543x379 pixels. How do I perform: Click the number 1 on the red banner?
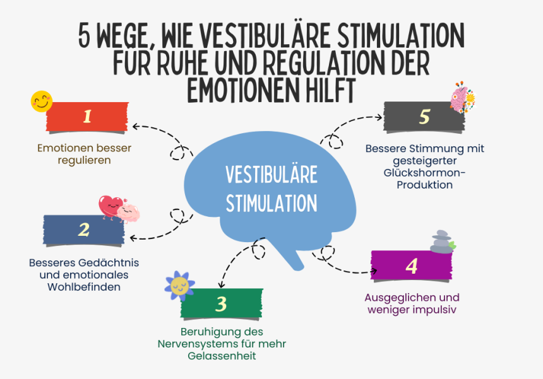tap(87, 116)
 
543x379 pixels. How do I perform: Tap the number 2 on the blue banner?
tap(84, 230)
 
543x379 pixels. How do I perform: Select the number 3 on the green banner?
tap(221, 304)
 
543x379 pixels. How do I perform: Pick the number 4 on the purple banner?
tap(412, 267)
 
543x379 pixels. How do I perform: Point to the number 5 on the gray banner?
tap(424, 117)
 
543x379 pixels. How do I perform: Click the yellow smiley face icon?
tap(42, 102)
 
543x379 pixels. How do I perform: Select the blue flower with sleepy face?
tap(179, 286)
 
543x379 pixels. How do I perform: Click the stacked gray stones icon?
tap(442, 242)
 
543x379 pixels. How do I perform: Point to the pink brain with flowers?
tap(463, 98)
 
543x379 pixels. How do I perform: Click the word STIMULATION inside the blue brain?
tap(271, 203)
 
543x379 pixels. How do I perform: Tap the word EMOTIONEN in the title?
tap(242, 90)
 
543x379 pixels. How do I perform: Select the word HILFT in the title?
tap(330, 90)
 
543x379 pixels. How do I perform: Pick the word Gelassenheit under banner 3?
tap(222, 356)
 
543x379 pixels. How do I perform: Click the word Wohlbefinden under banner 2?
tap(84, 287)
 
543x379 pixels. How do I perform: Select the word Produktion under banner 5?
tap(424, 185)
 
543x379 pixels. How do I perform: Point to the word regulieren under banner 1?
tap(84, 160)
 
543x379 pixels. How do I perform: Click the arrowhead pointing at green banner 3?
tap(221, 285)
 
